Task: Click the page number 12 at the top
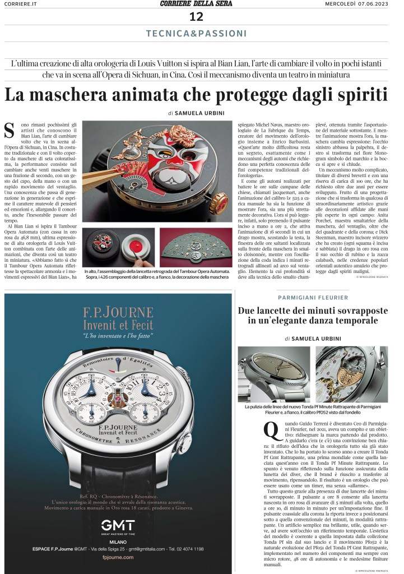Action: [x=197, y=17]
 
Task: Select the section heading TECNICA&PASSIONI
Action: [x=196, y=34]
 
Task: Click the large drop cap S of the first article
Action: [x=9, y=128]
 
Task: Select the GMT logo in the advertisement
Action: [x=118, y=526]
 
